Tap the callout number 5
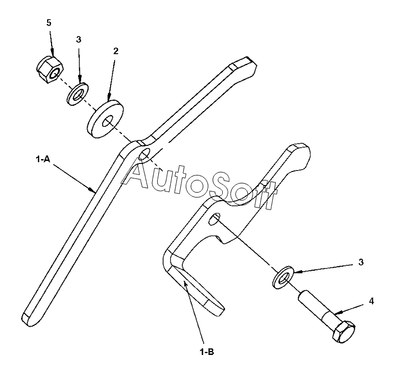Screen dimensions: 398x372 click(x=49, y=23)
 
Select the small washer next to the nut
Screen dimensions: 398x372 click(x=77, y=94)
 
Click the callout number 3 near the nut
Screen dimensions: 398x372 click(x=78, y=39)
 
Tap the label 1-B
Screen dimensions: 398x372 click(x=208, y=351)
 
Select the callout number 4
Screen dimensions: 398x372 click(x=371, y=301)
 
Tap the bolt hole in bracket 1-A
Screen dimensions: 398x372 click(x=144, y=154)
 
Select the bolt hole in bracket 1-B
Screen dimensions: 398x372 click(x=215, y=219)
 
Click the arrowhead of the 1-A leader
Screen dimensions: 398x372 click(x=94, y=191)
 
